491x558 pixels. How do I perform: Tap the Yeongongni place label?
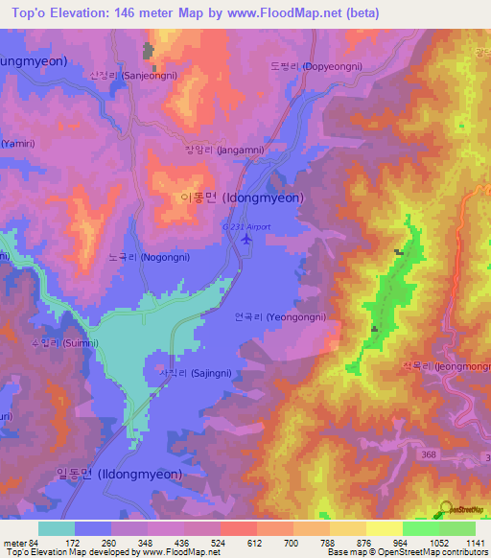(280, 317)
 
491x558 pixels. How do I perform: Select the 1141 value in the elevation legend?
(476, 543)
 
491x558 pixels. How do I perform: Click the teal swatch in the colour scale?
(56, 528)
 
